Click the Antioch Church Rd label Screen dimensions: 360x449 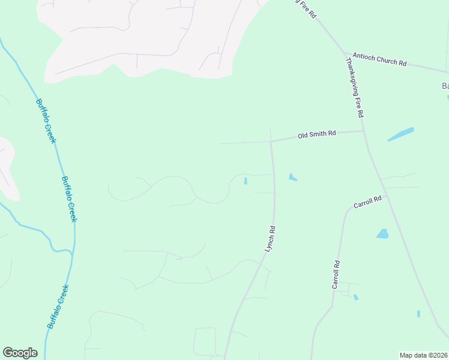pos(379,59)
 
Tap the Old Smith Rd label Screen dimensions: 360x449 pos(316,135)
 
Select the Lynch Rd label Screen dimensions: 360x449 pos(270,238)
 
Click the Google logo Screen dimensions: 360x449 pos(20,353)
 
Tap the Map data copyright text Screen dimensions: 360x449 pos(424,355)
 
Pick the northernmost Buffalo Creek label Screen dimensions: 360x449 pos(46,121)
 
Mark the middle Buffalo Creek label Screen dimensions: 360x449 pos(70,199)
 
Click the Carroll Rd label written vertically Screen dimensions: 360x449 pos(336,275)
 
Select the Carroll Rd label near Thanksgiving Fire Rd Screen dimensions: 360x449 pos(367,202)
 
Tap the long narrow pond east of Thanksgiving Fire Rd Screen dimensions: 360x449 pos(401,134)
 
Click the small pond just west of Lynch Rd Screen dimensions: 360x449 pos(246,181)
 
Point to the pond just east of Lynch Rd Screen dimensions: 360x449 pos(292,177)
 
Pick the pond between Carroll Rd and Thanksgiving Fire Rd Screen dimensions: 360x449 pos(382,233)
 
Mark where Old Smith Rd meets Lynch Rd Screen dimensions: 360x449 pos(271,142)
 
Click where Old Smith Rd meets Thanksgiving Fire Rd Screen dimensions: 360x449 pos(363,131)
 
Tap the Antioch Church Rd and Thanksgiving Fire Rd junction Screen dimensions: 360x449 pos(346,53)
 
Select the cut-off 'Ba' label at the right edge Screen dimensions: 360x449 pos(445,86)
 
